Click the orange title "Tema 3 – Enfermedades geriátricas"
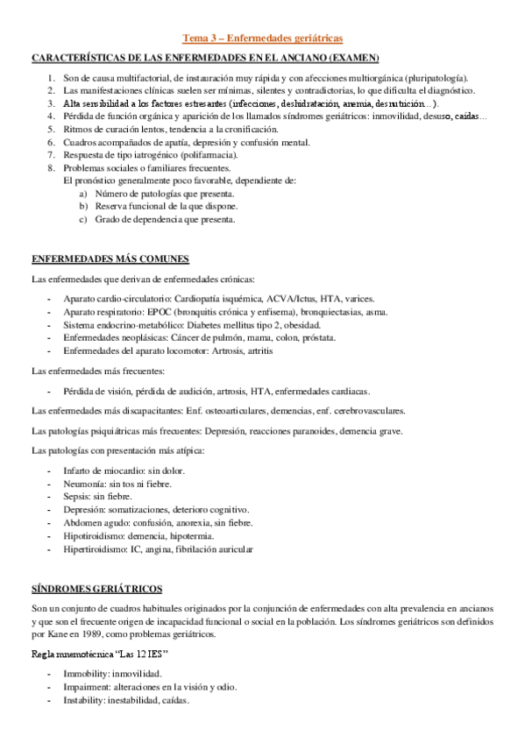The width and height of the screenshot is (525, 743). [262, 38]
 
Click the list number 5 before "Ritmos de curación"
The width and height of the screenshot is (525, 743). [52, 128]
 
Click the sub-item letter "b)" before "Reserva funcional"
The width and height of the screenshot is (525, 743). [83, 207]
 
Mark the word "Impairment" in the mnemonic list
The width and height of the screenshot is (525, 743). [88, 687]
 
